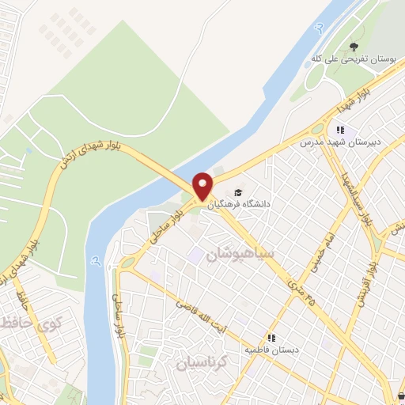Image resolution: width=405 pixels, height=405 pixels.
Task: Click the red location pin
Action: click(x=203, y=186)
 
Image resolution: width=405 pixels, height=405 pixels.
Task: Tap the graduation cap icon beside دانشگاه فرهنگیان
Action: click(x=237, y=192)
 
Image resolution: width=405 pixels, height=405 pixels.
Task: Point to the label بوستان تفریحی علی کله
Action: click(x=354, y=60)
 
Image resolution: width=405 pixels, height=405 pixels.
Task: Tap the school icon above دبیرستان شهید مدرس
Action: click(x=339, y=130)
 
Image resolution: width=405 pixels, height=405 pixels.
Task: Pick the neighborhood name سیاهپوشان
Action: click(x=240, y=255)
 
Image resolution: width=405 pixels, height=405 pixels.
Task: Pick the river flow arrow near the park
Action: click(x=320, y=29)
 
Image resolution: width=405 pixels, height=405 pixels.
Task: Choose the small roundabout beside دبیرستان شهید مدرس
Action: click(x=317, y=128)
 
